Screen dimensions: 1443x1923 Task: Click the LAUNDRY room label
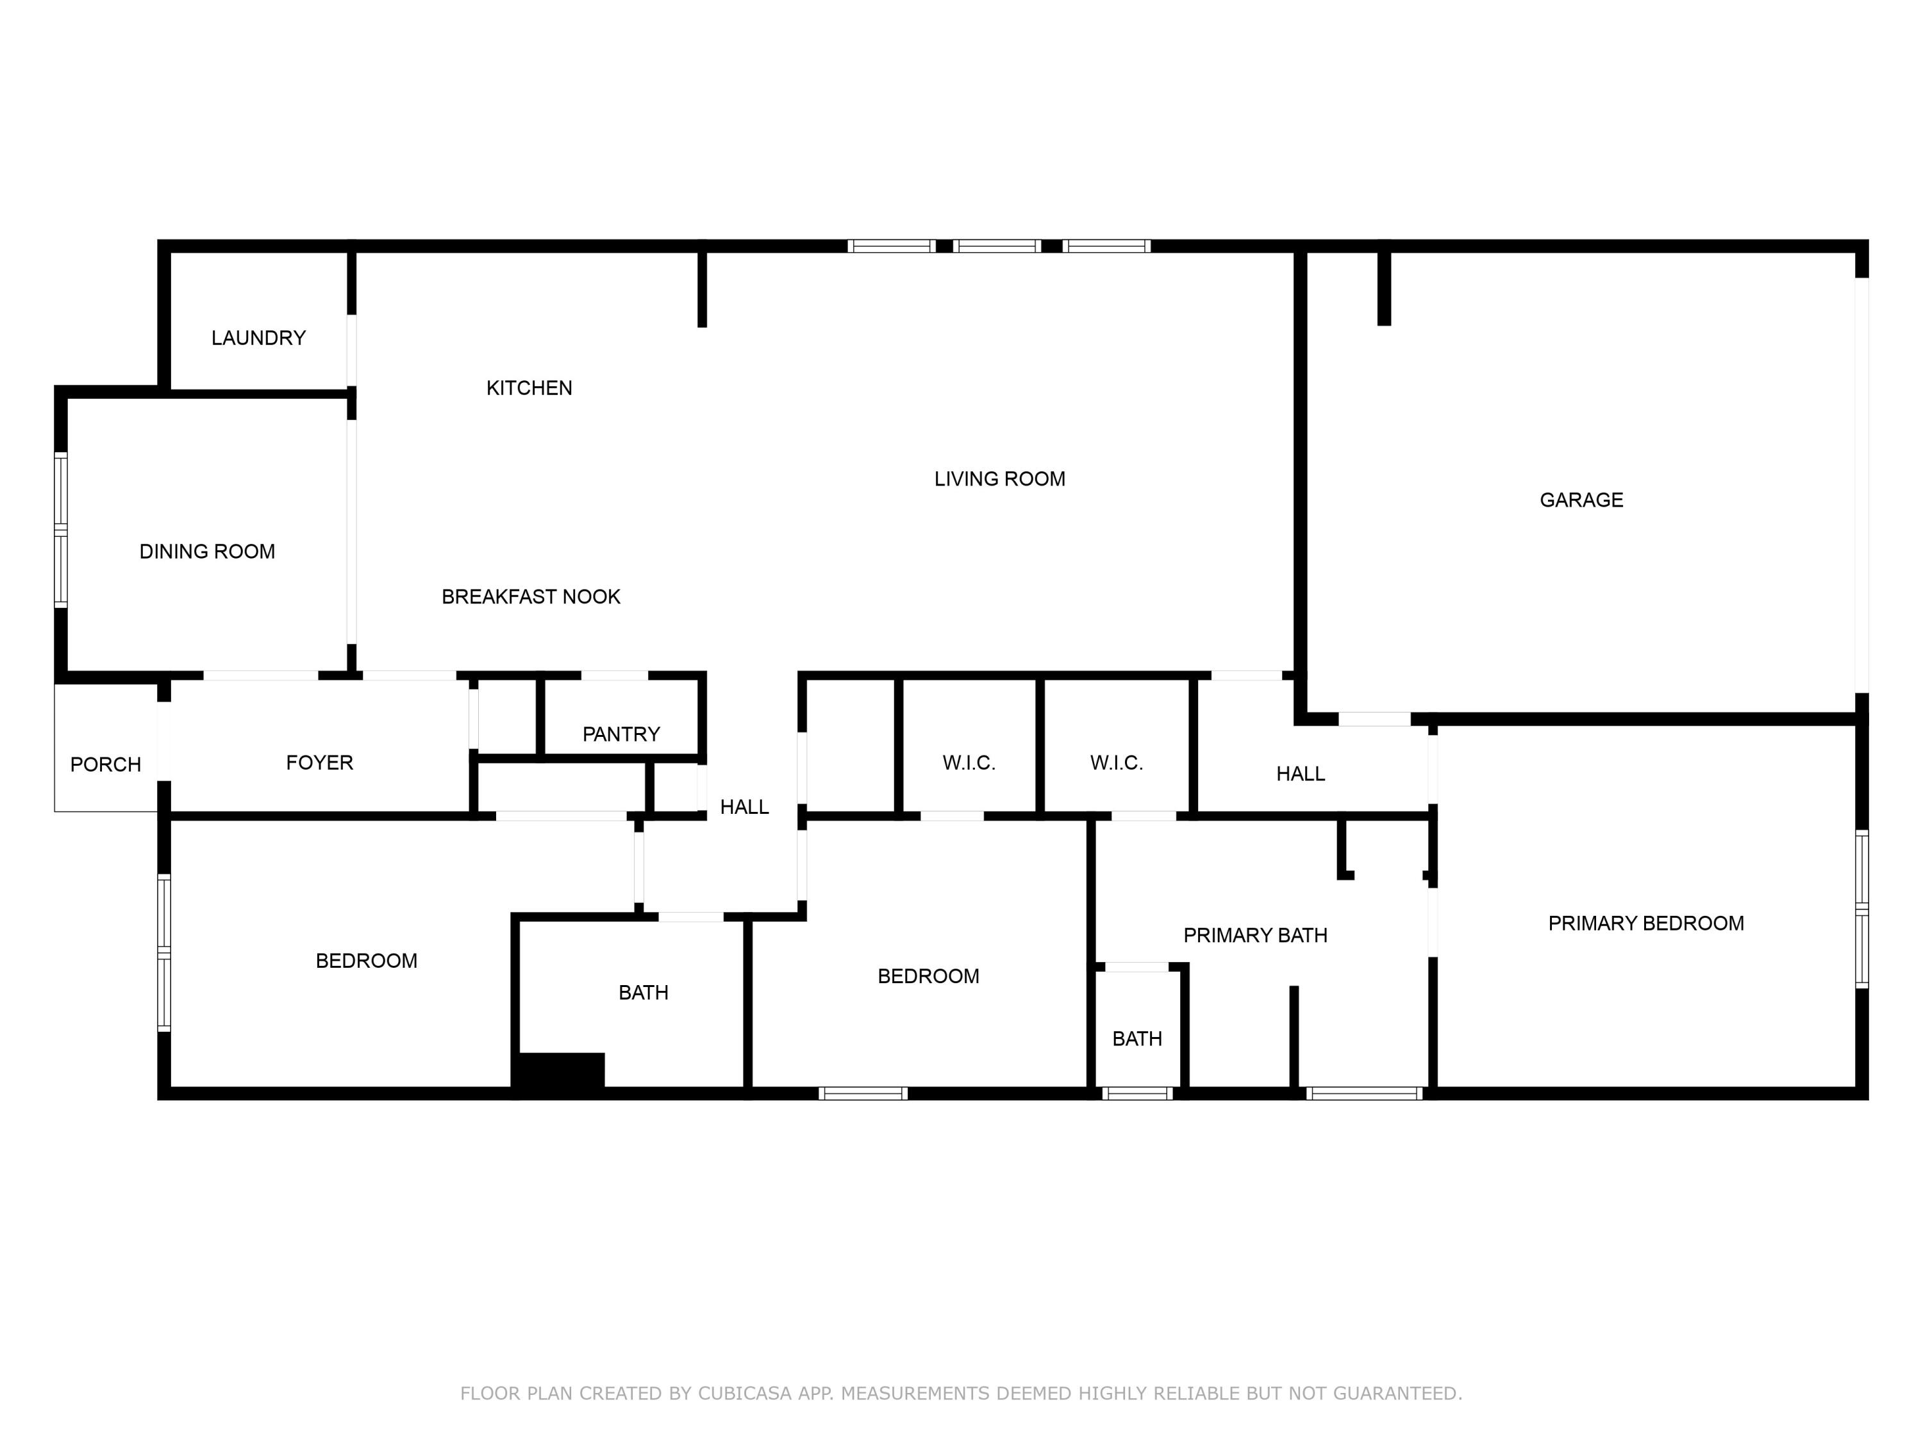[258, 337]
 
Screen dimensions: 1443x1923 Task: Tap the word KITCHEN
[529, 388]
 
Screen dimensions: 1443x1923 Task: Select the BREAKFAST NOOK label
[530, 596]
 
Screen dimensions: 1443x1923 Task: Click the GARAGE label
[1581, 500]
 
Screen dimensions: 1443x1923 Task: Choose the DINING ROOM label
[207, 552]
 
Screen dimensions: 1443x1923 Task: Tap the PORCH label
[105, 764]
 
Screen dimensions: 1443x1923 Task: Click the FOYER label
[319, 763]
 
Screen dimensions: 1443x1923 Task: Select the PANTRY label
[620, 734]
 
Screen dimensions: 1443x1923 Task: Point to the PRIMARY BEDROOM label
[1645, 924]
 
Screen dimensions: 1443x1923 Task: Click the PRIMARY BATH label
[1254, 936]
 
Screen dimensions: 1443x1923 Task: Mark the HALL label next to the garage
[1300, 774]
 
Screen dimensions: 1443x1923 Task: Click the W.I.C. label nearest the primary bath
[1115, 763]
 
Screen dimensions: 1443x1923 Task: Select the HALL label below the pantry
[744, 807]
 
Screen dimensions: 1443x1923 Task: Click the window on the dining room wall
[61, 529]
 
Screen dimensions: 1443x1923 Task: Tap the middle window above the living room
[997, 246]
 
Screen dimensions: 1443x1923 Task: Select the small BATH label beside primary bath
[1136, 1038]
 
